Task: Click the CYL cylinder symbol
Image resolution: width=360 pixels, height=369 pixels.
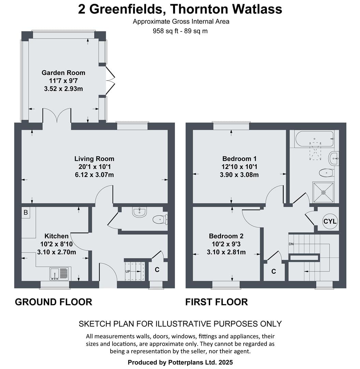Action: pos(330,221)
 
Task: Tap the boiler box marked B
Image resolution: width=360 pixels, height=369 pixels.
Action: pos(26,213)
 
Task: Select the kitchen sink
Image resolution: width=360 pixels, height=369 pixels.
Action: pos(60,274)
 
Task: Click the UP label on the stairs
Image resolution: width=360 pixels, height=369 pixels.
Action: pos(128,271)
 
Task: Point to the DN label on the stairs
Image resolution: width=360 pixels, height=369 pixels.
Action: pos(291,244)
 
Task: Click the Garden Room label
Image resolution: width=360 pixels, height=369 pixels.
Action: pos(63,73)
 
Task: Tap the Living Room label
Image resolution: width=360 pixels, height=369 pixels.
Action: pos(94,159)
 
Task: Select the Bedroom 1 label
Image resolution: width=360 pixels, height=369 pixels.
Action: pos(239,159)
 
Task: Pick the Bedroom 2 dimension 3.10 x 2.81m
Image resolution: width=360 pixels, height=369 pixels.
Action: pos(226,252)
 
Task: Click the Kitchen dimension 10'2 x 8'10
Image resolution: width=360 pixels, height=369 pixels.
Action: pos(56,244)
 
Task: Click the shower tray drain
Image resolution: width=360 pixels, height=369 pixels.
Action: pos(323,192)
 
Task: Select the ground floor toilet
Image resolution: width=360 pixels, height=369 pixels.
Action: pos(160,220)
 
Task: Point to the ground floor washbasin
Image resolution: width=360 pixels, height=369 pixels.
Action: pos(140,211)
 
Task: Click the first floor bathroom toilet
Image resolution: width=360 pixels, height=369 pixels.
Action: pos(326,173)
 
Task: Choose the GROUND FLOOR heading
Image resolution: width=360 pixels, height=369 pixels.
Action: pos(54,302)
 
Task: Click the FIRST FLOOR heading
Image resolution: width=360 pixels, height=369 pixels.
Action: pos(216,302)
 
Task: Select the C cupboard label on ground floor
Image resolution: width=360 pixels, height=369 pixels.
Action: pos(157,270)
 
